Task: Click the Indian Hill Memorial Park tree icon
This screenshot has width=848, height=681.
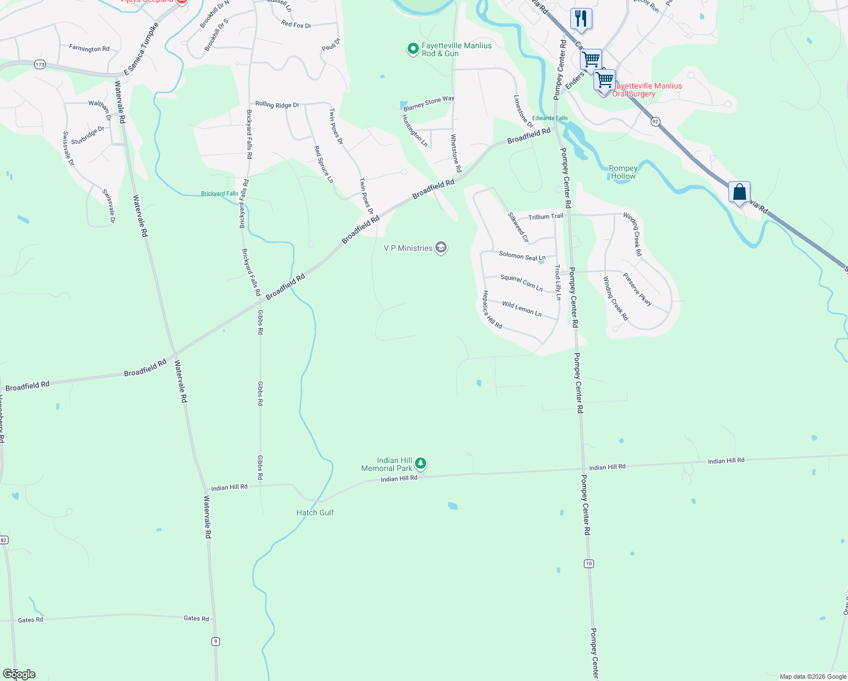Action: tap(420, 464)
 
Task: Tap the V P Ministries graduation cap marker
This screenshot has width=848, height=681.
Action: tap(441, 247)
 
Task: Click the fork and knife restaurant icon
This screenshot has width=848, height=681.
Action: tap(581, 18)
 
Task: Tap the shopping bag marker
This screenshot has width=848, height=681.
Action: tap(739, 192)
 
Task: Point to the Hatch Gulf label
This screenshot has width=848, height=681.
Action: tap(315, 512)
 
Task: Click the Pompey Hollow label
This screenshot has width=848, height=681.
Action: tap(623, 172)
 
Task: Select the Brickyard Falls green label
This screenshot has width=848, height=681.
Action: tap(220, 194)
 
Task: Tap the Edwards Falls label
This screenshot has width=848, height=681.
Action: tap(550, 118)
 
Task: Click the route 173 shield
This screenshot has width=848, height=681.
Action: tap(39, 65)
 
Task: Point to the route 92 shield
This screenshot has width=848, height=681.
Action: tap(655, 121)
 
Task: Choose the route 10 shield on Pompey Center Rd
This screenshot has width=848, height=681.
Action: tap(590, 564)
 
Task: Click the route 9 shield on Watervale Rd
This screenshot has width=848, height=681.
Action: tap(215, 641)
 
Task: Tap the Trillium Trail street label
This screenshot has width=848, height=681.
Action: tap(546, 217)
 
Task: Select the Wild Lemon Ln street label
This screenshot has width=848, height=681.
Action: tap(521, 309)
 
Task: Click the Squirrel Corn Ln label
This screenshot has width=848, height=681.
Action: tap(521, 282)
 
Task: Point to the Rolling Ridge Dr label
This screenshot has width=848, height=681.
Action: tap(277, 104)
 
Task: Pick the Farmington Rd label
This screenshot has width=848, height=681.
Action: tap(89, 49)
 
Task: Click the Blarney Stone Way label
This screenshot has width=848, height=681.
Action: tap(429, 103)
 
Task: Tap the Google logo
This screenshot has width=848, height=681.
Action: tap(19, 674)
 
